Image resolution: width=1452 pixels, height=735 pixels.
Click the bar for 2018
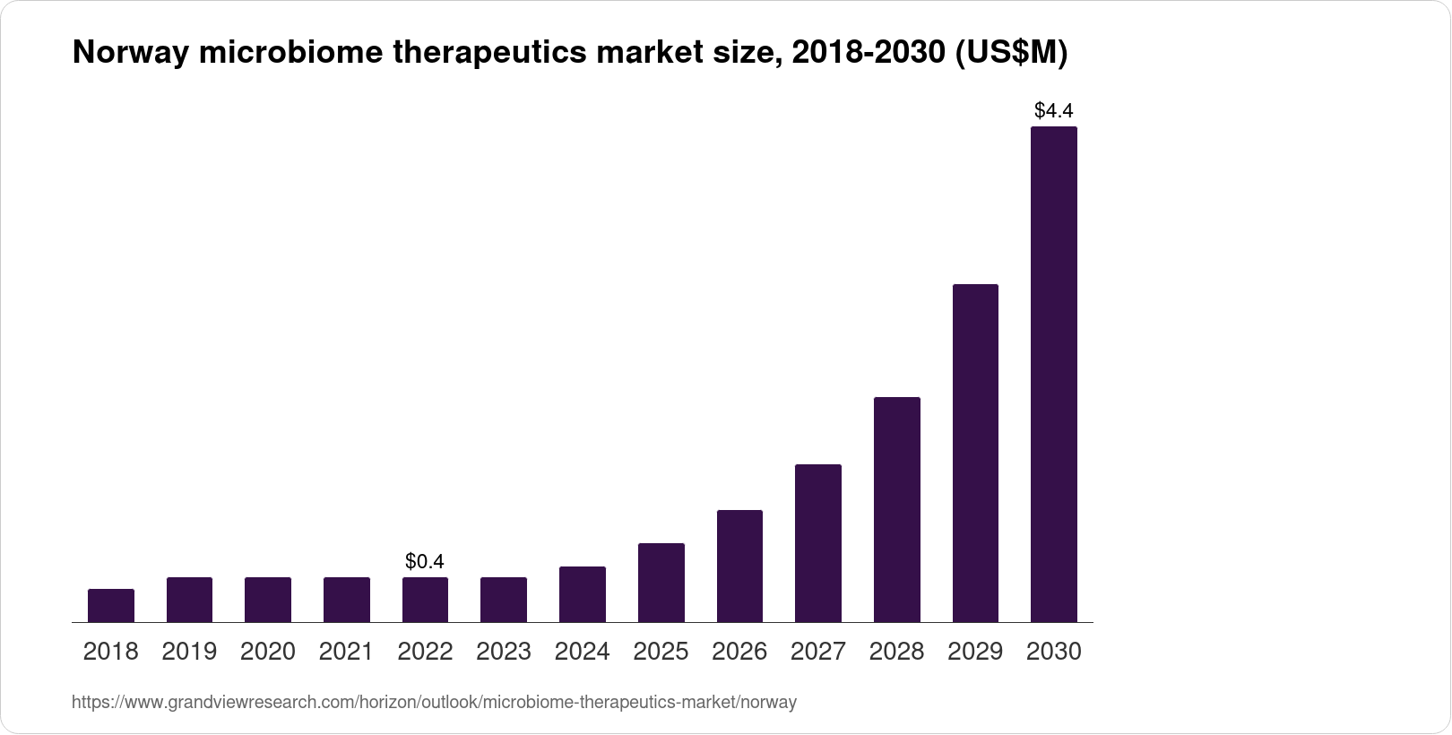(111, 605)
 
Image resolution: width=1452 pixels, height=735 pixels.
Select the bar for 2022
(425, 600)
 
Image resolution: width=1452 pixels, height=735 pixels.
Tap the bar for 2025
(661, 583)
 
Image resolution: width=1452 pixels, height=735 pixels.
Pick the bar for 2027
(817, 543)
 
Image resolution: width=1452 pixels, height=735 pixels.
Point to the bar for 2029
(975, 453)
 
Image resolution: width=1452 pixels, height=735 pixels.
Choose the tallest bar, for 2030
(1053, 375)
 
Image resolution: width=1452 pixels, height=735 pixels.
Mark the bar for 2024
(582, 594)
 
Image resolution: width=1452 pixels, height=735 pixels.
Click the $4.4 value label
(1053, 111)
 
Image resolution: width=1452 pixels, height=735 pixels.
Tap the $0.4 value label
(425, 562)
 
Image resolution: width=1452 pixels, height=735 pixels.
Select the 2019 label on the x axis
(189, 652)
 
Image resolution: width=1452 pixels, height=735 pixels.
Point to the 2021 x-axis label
(346, 652)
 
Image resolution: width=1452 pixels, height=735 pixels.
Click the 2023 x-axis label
(504, 652)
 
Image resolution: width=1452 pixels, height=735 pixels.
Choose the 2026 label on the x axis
(739, 652)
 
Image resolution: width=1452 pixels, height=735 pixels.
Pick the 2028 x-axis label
(896, 652)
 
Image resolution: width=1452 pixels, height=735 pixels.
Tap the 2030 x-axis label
(1053, 652)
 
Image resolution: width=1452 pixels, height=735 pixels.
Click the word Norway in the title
(130, 54)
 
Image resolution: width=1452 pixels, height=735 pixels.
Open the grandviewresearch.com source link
(434, 703)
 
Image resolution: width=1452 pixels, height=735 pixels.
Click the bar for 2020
(268, 600)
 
